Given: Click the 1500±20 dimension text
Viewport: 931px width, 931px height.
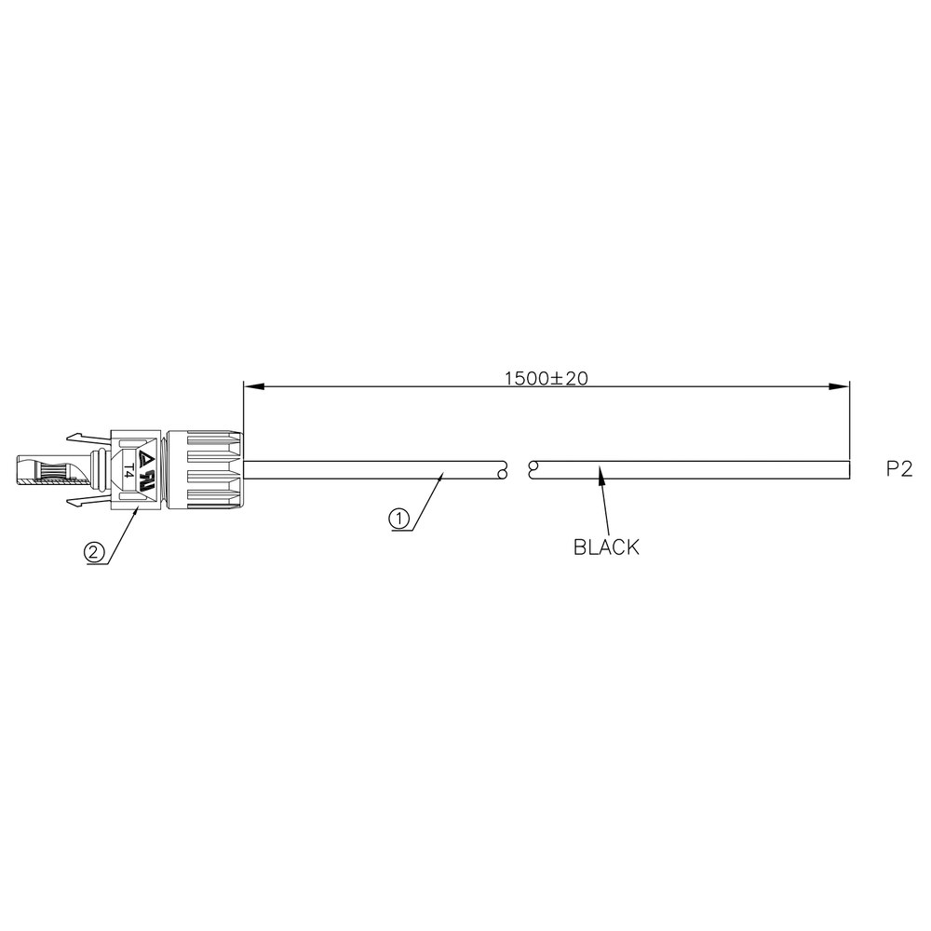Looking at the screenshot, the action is [x=546, y=378].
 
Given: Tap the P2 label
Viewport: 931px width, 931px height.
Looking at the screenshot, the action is [x=899, y=469].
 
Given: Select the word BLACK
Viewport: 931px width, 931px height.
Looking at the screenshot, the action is [x=606, y=546].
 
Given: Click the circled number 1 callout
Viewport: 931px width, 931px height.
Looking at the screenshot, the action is [x=399, y=519].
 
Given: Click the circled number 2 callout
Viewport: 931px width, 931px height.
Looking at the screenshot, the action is [x=93, y=553].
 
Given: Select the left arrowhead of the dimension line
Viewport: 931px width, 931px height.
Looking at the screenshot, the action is [x=253, y=386].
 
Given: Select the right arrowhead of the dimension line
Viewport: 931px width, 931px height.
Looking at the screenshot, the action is [x=840, y=386].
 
